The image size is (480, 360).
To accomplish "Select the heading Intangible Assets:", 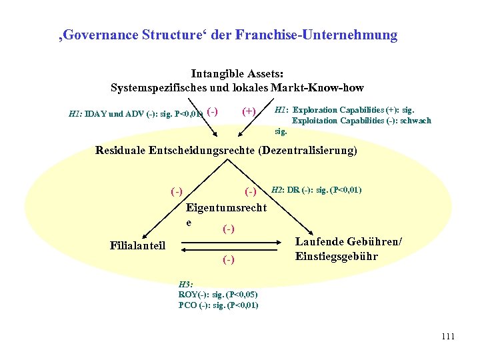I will (237, 74).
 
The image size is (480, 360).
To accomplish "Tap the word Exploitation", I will (315, 121).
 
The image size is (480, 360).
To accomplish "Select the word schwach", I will (415, 121).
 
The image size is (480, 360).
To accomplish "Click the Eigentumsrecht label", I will (226, 208).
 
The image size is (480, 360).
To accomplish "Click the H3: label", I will (185, 284).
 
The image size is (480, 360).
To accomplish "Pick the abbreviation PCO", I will (189, 305).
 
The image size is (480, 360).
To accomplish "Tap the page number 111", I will (447, 337).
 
